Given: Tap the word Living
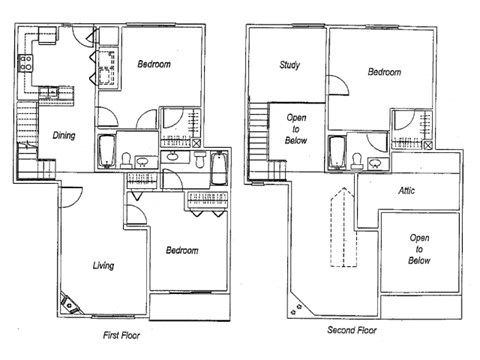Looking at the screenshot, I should (x=102, y=266).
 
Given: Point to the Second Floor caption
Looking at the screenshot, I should (x=352, y=329).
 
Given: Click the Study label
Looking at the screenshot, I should (x=291, y=68).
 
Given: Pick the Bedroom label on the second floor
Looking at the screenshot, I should (x=383, y=73).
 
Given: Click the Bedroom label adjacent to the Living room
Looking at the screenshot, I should (x=181, y=250).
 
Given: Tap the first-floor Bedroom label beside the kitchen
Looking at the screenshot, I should (x=153, y=64).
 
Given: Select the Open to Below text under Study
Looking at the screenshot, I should (x=296, y=127).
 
